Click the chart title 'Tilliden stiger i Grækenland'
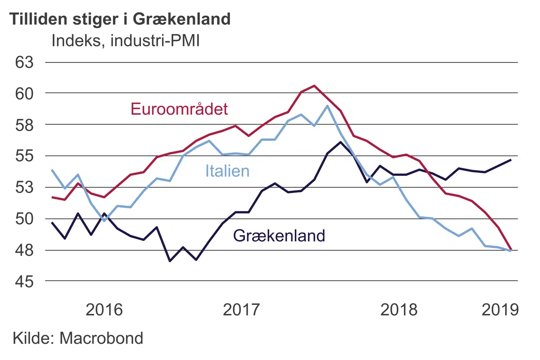(x=120, y=19)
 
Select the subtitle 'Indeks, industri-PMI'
(x=126, y=40)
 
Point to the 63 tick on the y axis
(x=24, y=62)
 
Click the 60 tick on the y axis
(x=24, y=93)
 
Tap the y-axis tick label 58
(x=24, y=125)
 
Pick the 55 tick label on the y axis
(x=24, y=156)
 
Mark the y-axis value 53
(x=24, y=187)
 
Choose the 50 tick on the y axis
(x=24, y=219)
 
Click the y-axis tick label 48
(x=24, y=250)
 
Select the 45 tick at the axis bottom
(x=24, y=281)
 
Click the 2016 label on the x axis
(x=104, y=310)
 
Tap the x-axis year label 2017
(x=241, y=310)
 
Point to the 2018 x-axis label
(x=399, y=310)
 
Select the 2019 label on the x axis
(x=500, y=310)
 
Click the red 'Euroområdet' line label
(x=179, y=109)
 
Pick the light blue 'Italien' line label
(x=227, y=171)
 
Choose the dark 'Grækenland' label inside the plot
(x=279, y=236)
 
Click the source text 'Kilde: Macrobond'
(x=78, y=338)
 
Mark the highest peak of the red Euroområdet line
(x=314, y=86)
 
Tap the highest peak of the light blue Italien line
(x=327, y=106)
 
